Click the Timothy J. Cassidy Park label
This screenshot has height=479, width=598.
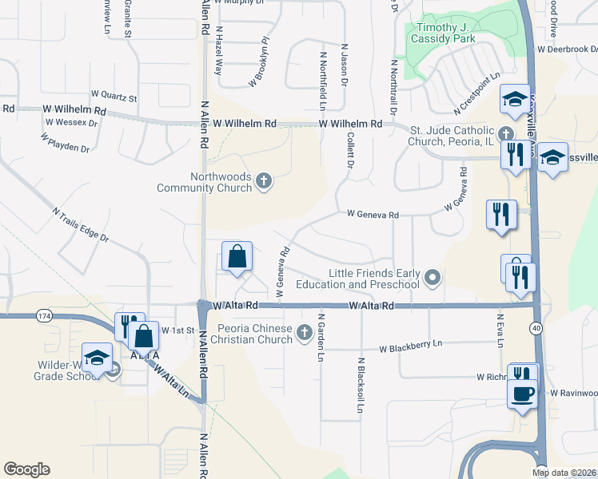point(442,32)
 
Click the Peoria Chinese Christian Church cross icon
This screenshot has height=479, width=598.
point(304,331)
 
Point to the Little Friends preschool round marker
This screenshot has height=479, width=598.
point(433,278)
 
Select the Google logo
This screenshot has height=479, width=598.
point(26,469)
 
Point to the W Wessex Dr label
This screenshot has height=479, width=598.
point(71,123)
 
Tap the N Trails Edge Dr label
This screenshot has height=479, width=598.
point(80,226)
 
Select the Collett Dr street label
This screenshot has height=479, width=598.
point(350,150)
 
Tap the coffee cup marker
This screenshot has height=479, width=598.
point(523,394)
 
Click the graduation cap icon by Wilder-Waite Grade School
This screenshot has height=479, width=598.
point(97,358)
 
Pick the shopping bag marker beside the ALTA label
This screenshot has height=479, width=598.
point(144,335)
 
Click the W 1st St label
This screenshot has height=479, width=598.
point(178,330)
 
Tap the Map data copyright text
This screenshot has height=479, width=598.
point(563,472)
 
